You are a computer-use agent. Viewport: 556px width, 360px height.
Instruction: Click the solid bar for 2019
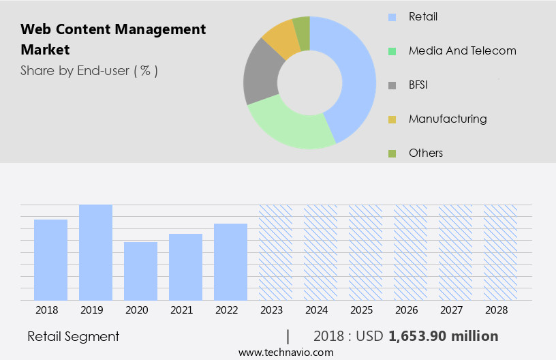click(x=95, y=252)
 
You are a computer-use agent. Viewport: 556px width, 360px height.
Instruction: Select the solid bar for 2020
click(x=140, y=271)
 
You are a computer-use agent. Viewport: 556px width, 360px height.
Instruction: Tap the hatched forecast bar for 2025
click(x=365, y=252)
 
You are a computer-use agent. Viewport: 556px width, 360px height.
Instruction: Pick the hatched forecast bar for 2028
click(x=500, y=252)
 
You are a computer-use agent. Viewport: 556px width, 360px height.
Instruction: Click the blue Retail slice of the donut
click(x=355, y=75)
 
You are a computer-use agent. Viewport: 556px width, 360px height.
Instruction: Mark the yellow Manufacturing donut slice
click(x=281, y=40)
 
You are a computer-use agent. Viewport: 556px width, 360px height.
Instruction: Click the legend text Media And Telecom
click(x=462, y=50)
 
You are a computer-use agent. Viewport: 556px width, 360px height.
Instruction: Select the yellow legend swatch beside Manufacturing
click(x=392, y=119)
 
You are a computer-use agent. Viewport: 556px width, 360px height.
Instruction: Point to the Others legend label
click(x=426, y=153)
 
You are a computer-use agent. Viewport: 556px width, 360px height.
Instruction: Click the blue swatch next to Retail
click(x=392, y=17)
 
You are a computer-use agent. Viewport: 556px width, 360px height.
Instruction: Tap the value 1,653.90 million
click(x=443, y=336)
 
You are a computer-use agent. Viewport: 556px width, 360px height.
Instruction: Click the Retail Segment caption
click(x=74, y=336)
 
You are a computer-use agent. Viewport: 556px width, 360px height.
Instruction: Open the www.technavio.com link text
click(x=286, y=352)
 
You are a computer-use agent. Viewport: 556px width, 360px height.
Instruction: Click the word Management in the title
click(x=164, y=29)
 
